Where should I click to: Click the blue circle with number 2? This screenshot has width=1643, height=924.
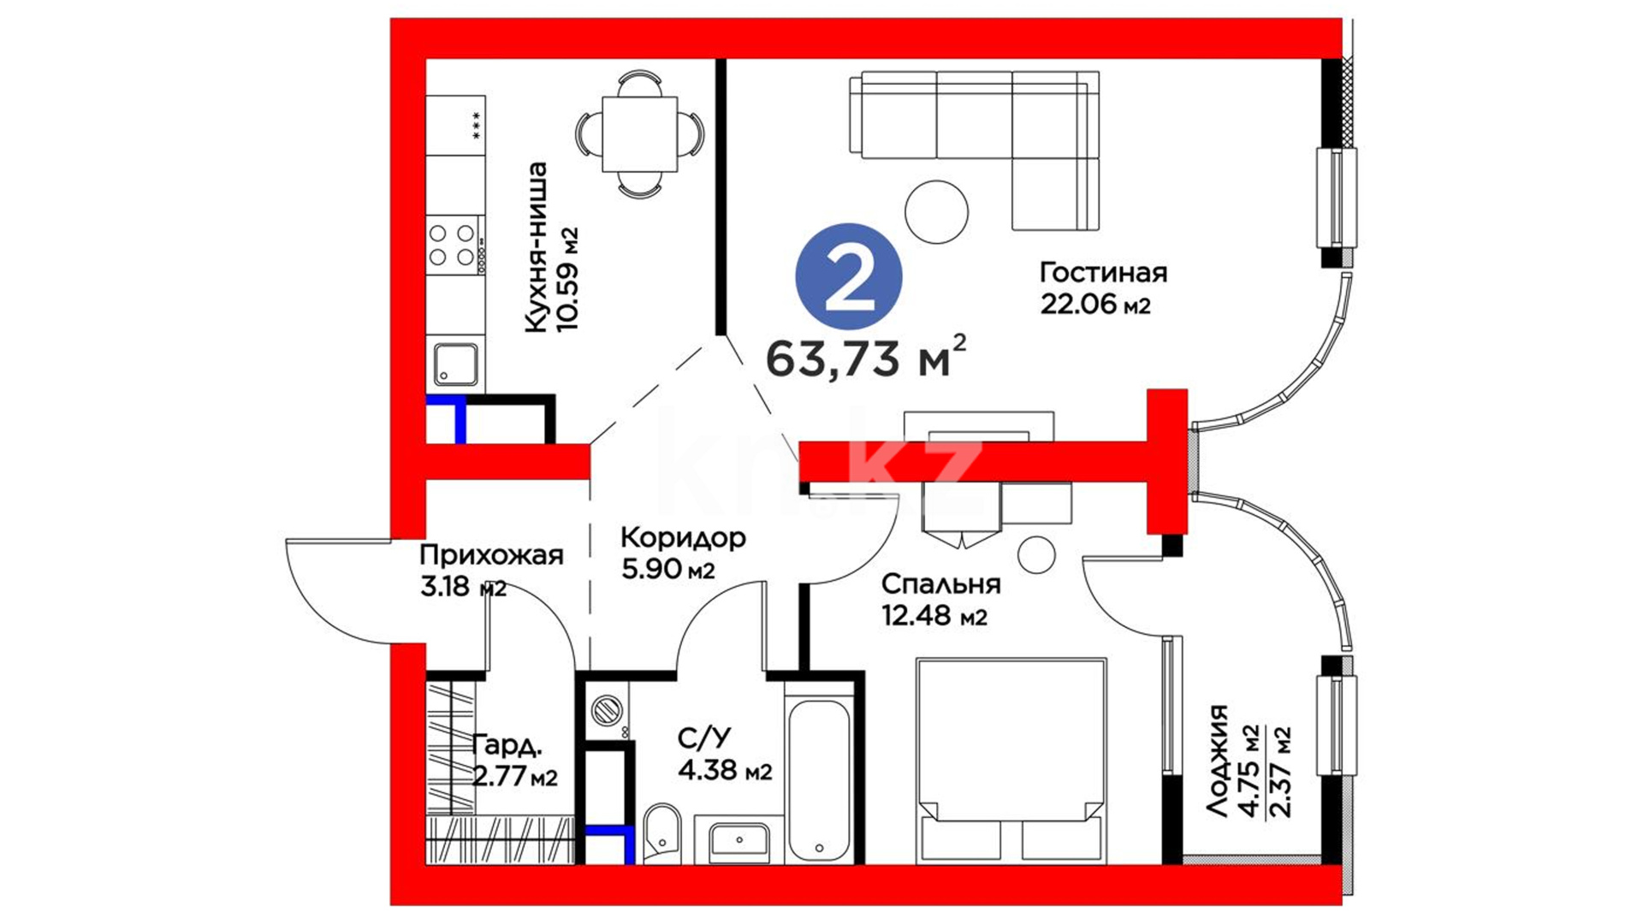(849, 276)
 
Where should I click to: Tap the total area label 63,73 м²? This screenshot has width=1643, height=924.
(866, 356)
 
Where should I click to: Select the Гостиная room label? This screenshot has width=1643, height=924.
(1103, 273)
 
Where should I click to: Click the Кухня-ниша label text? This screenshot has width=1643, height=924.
(536, 247)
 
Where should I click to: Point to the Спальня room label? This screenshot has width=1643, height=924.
(940, 584)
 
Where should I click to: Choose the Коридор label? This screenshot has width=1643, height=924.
(683, 538)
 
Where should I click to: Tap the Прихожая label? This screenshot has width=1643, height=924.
(491, 555)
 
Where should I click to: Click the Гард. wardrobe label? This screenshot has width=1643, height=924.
(507, 745)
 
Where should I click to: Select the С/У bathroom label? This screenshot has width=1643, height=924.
(704, 737)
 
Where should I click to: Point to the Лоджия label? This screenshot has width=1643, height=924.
(1217, 761)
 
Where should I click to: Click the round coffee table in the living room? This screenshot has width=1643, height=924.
(937, 211)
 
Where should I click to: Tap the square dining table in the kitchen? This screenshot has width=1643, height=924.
(640, 134)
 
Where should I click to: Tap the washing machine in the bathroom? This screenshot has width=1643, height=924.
(608, 710)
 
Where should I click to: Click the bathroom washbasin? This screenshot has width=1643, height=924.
(738, 843)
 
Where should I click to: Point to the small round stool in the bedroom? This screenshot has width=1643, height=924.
(1036, 555)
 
